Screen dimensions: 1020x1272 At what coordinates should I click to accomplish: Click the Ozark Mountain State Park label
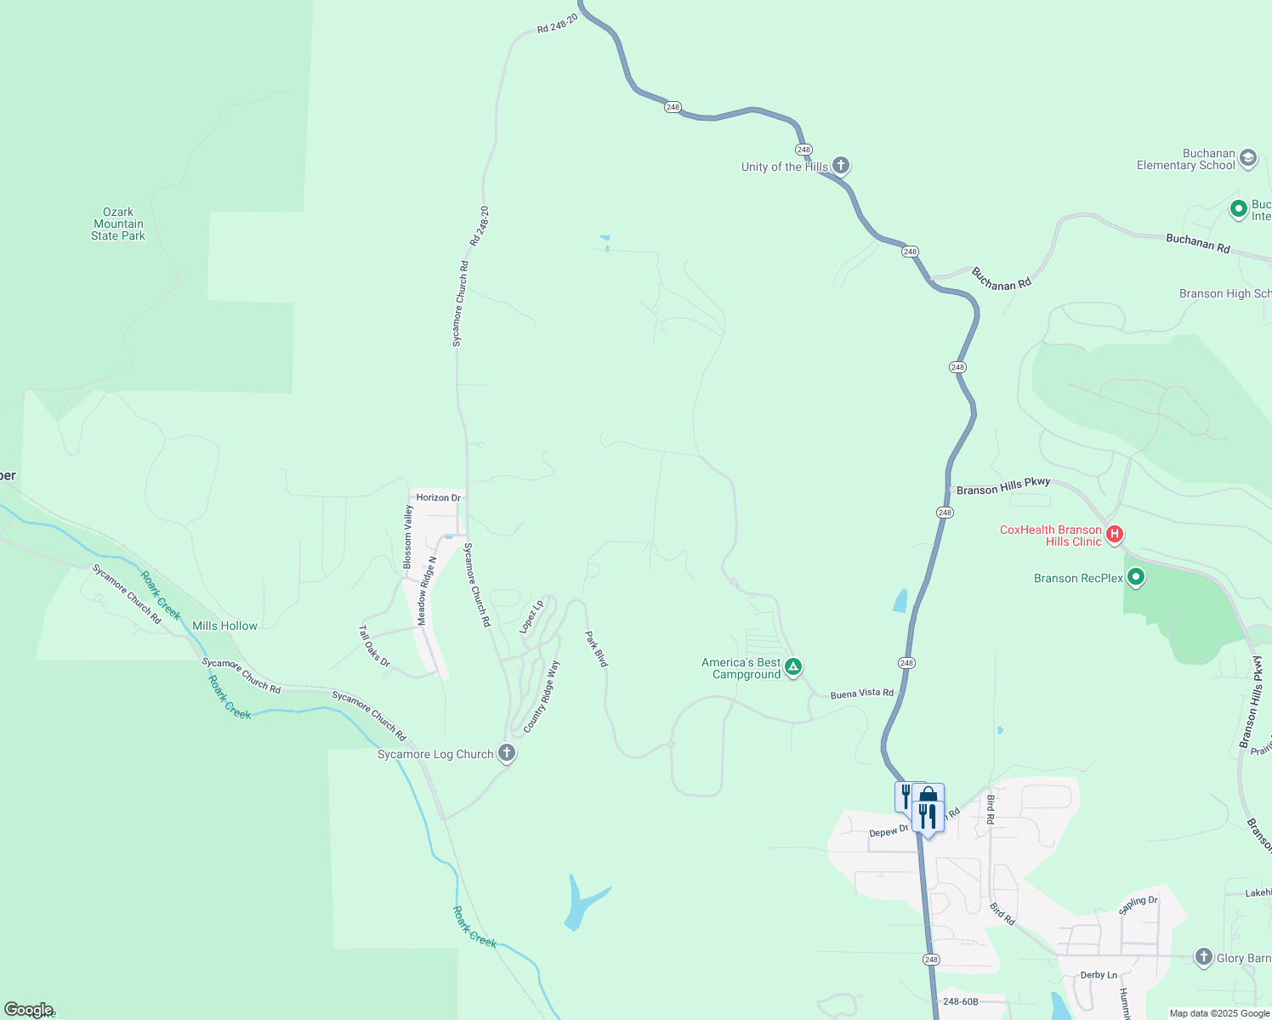coord(118,224)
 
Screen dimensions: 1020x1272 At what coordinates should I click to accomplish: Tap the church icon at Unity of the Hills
coord(841,166)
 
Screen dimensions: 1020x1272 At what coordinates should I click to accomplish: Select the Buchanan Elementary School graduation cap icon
coord(1248,158)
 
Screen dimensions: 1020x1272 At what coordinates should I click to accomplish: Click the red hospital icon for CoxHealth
coord(1115,535)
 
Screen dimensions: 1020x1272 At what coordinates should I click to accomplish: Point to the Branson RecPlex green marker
coord(1136,578)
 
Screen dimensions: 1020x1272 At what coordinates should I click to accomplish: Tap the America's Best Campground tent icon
coord(793,667)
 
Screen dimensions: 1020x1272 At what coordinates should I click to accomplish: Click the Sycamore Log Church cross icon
coord(507,753)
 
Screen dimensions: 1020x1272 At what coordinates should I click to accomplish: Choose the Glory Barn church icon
coord(1203,957)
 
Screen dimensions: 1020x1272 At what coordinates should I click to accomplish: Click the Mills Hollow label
coord(224,626)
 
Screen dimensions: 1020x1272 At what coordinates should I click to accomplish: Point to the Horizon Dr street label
coord(438,497)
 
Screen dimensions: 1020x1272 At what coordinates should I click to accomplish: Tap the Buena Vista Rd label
coord(861,694)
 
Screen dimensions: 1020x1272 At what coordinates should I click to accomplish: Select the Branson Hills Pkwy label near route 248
coord(1003,486)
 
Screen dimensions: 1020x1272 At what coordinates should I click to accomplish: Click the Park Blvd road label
coord(597,648)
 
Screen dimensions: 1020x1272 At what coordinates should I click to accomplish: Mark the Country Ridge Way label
coord(542,696)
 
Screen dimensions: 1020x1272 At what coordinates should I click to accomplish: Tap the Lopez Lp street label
coord(531,617)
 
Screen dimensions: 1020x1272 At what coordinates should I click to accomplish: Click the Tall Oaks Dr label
coord(373,646)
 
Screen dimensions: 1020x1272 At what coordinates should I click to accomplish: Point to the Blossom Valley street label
coord(408,536)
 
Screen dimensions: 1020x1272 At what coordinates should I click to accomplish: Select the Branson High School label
coord(1224,294)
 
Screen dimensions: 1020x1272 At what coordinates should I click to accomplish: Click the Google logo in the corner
coord(28,1010)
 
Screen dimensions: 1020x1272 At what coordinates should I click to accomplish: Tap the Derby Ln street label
coord(1099,975)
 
